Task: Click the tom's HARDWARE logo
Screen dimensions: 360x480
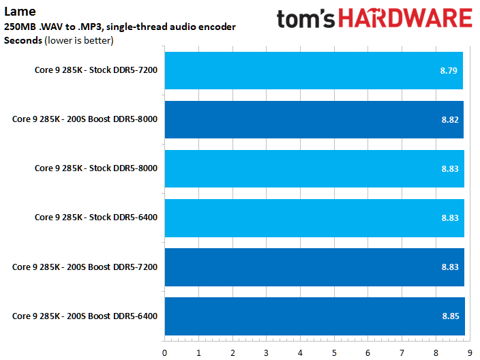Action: click(374, 18)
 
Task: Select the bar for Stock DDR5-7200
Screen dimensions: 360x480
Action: click(314, 70)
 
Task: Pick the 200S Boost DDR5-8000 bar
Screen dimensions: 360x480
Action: click(314, 119)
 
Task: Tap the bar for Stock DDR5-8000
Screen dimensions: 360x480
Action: click(314, 168)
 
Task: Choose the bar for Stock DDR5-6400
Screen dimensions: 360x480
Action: click(314, 217)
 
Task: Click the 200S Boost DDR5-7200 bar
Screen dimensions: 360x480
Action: click(314, 267)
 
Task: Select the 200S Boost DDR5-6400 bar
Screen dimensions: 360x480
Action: click(314, 316)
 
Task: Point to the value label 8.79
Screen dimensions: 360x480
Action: click(449, 70)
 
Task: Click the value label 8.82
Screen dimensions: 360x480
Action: click(449, 119)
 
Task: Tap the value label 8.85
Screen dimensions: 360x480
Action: click(450, 316)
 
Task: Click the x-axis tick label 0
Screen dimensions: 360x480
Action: click(164, 352)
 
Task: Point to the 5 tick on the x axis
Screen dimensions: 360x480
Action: click(334, 352)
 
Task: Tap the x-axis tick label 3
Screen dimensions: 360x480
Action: click(266, 352)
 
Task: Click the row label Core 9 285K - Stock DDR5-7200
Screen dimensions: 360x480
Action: click(96, 70)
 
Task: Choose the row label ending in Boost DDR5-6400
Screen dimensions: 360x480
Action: click(85, 315)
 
